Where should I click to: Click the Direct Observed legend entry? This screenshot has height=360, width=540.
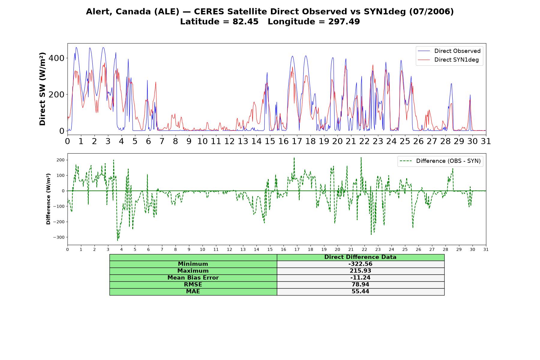click(x=449, y=51)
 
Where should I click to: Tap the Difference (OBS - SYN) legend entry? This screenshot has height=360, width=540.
click(x=440, y=161)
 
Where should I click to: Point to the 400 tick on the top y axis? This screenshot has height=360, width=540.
click(x=56, y=58)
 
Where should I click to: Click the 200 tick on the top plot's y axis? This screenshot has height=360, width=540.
click(x=56, y=94)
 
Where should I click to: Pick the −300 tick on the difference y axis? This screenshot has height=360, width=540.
click(x=59, y=237)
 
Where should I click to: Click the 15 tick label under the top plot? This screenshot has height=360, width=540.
click(x=270, y=141)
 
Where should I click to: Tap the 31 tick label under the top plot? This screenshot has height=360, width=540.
click(x=486, y=141)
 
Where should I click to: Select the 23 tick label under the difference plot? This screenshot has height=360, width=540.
click(x=378, y=250)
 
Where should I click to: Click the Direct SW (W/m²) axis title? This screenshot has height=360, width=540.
click(x=42, y=89)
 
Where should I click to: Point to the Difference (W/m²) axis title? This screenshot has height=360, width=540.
click(x=48, y=199)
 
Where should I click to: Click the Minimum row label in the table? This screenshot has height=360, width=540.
click(x=193, y=264)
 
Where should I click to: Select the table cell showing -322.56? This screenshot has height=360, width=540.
click(x=360, y=264)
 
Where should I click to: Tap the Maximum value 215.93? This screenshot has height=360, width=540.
click(x=360, y=271)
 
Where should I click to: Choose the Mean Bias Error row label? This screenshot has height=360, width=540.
click(x=193, y=278)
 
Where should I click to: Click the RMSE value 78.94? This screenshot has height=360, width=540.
click(x=360, y=285)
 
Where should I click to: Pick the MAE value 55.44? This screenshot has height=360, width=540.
click(x=360, y=292)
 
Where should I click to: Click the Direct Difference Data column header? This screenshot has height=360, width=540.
click(x=360, y=257)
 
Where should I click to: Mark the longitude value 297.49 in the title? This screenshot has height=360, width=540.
click(x=344, y=22)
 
